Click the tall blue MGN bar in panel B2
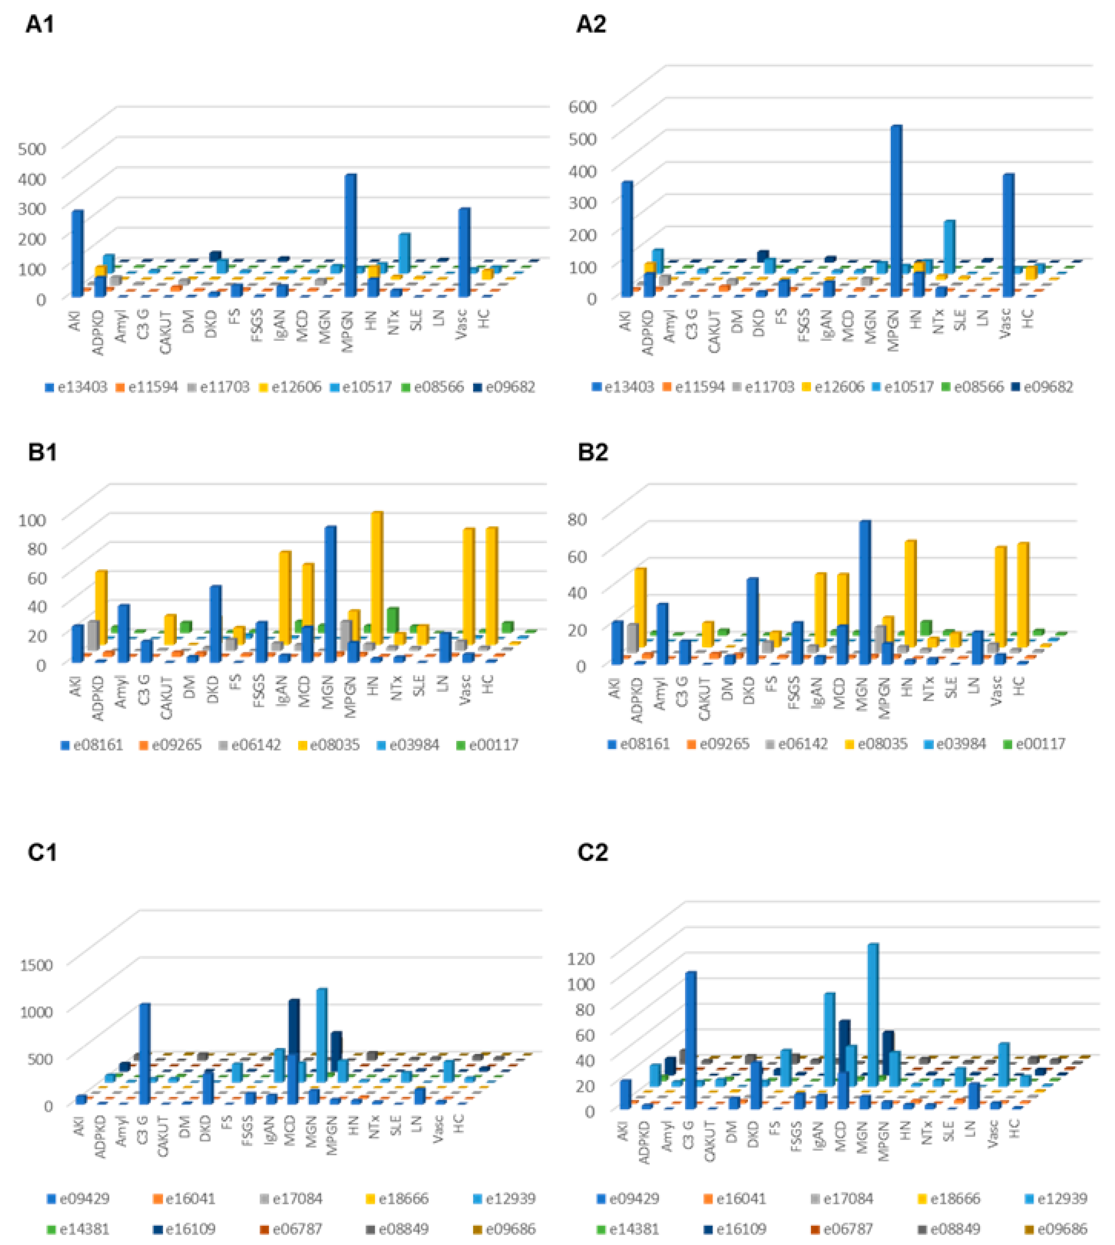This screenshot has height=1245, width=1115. click(x=865, y=591)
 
